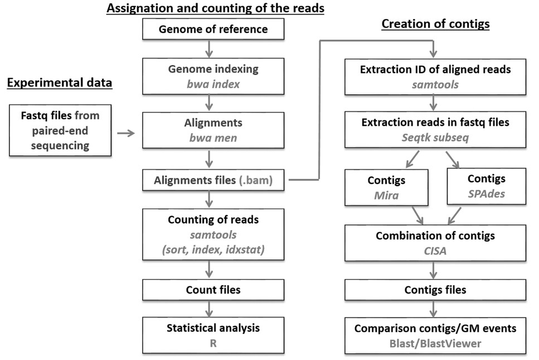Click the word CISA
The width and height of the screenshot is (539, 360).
pos(435,251)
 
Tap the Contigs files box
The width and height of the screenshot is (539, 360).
pos(435,290)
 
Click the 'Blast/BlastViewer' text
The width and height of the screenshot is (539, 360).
pos(435,344)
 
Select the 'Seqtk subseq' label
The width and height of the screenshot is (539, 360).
pos(435,138)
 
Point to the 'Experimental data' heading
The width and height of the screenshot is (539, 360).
pos(60,83)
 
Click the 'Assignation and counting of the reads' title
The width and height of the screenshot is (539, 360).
pos(215,8)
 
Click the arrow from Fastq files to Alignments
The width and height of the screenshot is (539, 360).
pos(126,134)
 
